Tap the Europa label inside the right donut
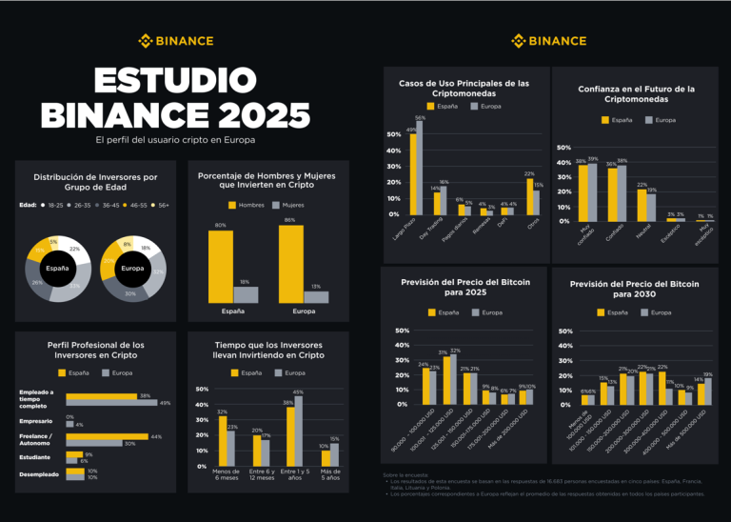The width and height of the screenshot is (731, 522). (x=132, y=269)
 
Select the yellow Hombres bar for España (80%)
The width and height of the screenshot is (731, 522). (x=221, y=267)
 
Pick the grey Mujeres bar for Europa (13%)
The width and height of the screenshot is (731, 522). (x=316, y=297)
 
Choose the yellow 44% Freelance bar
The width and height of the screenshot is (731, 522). (x=107, y=436)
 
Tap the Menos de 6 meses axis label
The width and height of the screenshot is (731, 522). (x=227, y=474)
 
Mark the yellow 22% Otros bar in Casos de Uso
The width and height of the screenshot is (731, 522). (x=529, y=196)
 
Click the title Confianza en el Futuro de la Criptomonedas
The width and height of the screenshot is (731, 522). (x=636, y=93)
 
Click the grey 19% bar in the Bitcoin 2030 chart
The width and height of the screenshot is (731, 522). (x=707, y=391)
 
